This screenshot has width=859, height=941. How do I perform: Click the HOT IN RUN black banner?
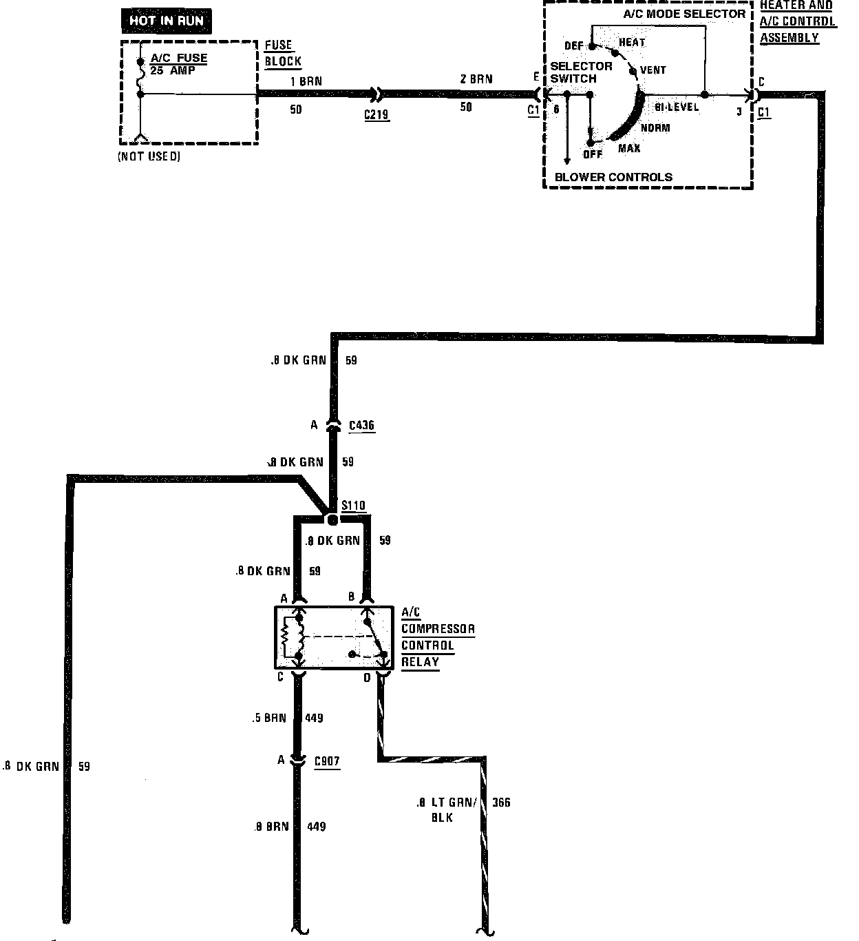click(167, 21)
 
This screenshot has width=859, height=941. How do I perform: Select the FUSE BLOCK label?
click(283, 53)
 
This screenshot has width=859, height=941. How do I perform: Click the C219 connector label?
click(377, 114)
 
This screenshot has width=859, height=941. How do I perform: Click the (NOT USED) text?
click(149, 156)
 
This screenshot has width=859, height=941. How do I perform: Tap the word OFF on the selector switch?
click(593, 154)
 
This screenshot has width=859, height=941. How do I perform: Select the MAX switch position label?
click(628, 148)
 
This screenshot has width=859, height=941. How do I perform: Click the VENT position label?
click(653, 70)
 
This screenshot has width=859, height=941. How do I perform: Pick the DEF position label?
click(573, 46)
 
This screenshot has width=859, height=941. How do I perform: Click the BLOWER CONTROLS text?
click(613, 177)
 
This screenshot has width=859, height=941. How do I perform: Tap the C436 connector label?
click(361, 425)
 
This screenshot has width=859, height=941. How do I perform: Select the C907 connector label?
click(327, 761)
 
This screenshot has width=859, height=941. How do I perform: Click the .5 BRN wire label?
click(268, 718)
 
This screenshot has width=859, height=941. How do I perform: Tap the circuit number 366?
click(501, 803)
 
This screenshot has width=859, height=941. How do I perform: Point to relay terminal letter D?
click(367, 679)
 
